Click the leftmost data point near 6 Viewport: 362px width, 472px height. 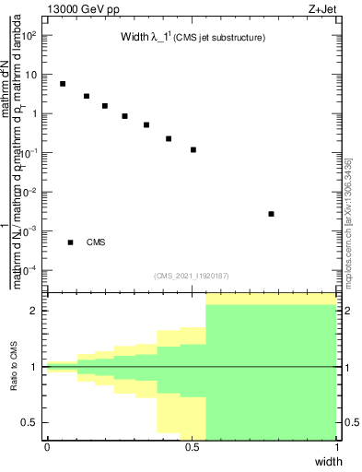tap(63, 83)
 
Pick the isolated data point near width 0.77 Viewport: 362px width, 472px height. tap(271, 214)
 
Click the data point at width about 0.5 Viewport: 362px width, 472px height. tap(193, 149)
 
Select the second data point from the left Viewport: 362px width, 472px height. tap(87, 96)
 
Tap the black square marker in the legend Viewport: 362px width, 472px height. tap(70, 242)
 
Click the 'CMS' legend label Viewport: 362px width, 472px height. tap(97, 242)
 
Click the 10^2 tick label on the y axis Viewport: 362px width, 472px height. tap(30, 35)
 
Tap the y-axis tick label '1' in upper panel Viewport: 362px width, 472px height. tap(36, 114)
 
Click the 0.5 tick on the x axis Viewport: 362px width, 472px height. tap(192, 448)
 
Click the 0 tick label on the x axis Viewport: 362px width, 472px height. tap(47, 448)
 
